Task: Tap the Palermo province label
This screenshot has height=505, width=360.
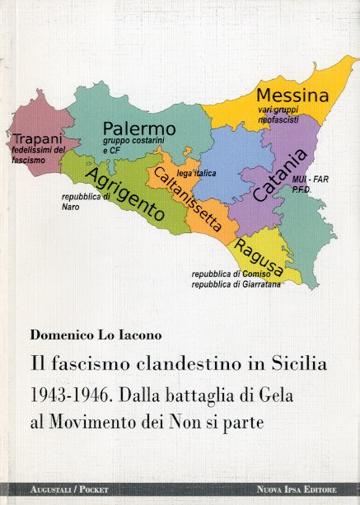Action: (x=139, y=129)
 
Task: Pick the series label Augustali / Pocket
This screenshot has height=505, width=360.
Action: (x=58, y=489)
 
